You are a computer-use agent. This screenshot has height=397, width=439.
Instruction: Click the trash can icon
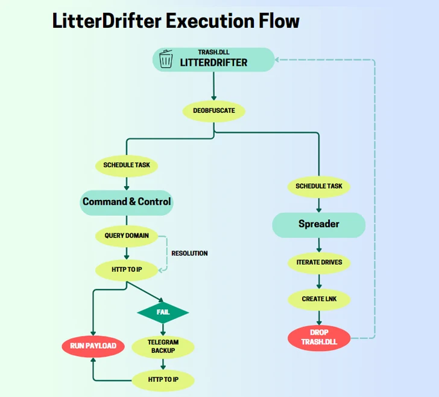click(166, 59)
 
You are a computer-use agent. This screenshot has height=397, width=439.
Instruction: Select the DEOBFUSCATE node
click(213, 111)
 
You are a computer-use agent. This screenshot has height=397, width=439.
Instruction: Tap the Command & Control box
click(127, 202)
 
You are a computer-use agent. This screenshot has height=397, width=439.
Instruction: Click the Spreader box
click(318, 224)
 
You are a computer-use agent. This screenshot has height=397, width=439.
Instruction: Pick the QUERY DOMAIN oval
click(127, 236)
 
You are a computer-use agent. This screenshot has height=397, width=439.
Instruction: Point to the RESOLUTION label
click(189, 253)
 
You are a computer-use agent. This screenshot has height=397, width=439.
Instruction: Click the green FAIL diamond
click(163, 312)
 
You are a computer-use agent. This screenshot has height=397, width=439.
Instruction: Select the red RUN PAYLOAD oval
click(93, 346)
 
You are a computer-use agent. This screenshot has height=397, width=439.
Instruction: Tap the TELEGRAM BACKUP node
click(163, 346)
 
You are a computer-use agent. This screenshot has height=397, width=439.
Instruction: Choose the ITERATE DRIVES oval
click(319, 263)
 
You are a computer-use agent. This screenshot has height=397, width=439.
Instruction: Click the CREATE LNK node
click(319, 299)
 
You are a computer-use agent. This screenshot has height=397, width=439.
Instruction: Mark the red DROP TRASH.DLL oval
click(319, 337)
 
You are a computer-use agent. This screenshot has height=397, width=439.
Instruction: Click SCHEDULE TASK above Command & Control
click(127, 165)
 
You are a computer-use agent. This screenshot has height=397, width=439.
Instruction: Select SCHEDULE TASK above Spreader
click(319, 186)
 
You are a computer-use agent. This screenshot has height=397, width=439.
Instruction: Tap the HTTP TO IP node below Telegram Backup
click(163, 380)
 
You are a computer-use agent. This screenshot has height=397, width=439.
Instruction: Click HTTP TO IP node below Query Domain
click(127, 269)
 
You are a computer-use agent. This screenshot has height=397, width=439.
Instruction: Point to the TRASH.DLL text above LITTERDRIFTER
click(213, 53)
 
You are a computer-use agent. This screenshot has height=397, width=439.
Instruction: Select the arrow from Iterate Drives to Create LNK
click(319, 281)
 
